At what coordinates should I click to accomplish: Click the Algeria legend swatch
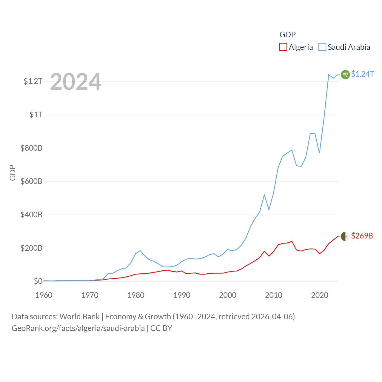283,47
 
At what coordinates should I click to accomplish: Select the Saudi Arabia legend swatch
322,47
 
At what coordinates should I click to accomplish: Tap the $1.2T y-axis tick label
33,81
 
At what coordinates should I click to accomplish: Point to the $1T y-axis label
36,115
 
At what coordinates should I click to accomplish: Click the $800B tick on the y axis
31,148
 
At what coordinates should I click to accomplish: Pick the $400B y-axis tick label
31,215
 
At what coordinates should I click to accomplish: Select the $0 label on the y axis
38,281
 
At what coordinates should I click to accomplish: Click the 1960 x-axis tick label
44,295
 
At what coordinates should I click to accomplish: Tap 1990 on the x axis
182,295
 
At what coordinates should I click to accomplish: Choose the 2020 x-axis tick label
320,295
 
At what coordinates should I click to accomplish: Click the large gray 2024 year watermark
76,82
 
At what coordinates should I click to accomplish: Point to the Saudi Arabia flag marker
345,74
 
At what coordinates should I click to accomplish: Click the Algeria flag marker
345,236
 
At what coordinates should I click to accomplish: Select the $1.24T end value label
362,74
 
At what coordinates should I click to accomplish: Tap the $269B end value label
362,236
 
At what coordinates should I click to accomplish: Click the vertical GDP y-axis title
13,172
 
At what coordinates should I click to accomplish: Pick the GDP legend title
287,35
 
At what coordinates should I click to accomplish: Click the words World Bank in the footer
79,316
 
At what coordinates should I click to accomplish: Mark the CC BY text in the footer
161,328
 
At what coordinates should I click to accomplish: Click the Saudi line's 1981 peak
140,250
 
